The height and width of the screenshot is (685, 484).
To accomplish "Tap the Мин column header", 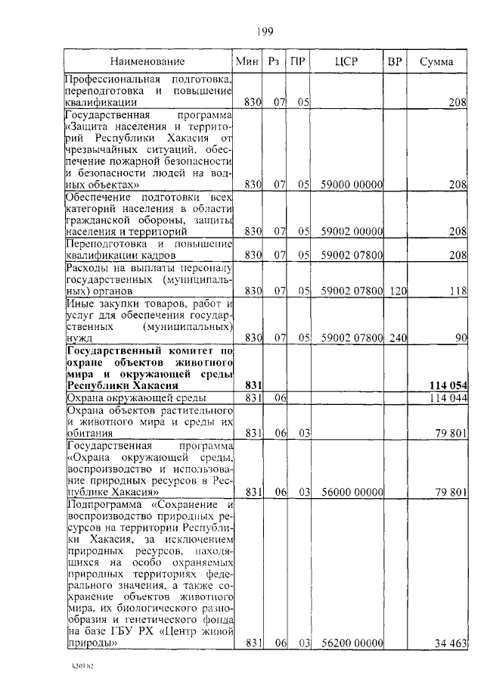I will point(247,61).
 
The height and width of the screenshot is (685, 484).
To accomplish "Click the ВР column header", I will point(394,61).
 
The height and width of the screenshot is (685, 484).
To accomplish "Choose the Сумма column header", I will point(436,61).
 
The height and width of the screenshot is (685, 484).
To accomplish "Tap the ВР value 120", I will point(397,290).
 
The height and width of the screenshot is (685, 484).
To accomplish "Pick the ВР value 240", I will point(397,338).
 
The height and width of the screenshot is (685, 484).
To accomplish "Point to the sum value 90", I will point(461,338).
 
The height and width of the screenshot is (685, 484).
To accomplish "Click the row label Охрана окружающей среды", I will point(133,397).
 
